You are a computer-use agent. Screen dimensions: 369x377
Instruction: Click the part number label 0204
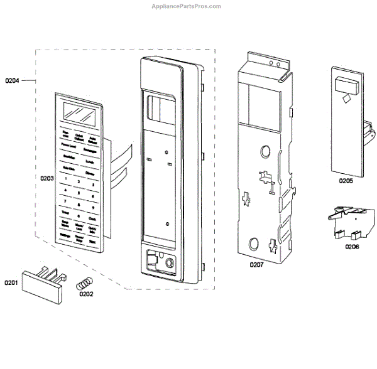[x=13, y=80]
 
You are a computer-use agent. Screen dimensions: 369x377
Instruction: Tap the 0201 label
[x=13, y=283]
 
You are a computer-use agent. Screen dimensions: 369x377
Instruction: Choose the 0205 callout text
[x=345, y=181]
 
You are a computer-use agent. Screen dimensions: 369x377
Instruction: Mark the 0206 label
[x=352, y=247]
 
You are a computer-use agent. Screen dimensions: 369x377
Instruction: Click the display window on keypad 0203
[x=79, y=115]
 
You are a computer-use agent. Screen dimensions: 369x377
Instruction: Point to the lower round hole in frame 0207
[x=254, y=243]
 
